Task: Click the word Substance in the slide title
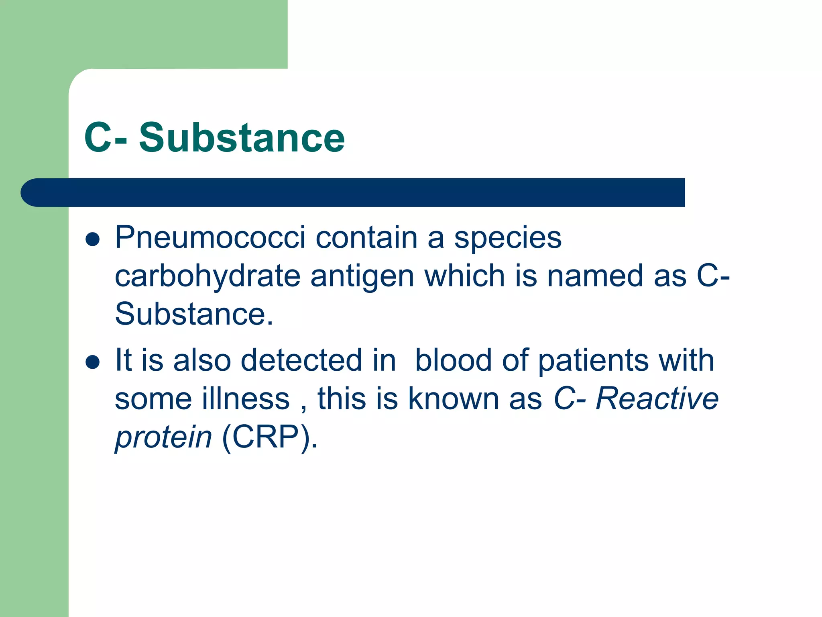pos(242,138)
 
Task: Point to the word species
pos(507,238)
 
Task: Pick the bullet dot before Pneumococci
pos(93,239)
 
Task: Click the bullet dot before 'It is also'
pos(93,362)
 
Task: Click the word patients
pos(593,360)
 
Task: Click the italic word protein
pos(163,437)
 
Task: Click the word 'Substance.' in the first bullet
pos(193,314)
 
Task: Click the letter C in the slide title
pos(98,138)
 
